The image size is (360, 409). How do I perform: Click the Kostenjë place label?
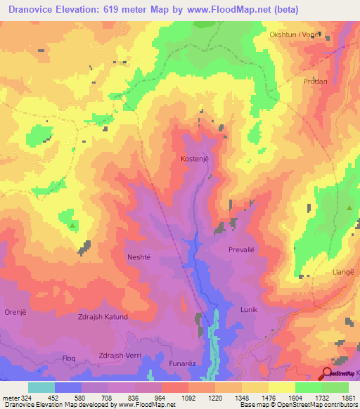coord(195,160)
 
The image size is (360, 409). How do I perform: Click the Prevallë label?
coord(244,249)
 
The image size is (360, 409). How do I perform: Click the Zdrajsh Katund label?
coord(102,317)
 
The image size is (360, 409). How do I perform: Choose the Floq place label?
coord(69,358)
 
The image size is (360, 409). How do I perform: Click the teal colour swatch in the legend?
coord(41,387)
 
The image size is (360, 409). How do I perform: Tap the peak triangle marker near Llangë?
coord(349,208)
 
